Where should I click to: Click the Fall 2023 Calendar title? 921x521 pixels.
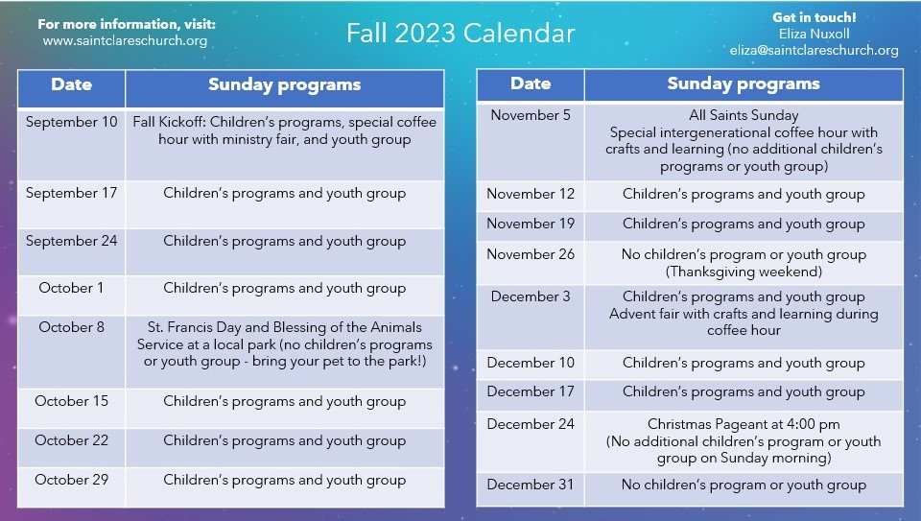coord(460,33)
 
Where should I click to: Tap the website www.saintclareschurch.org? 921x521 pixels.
coord(125,41)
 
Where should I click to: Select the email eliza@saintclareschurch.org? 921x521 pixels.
coord(815,51)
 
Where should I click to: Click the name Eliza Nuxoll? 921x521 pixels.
coord(815,35)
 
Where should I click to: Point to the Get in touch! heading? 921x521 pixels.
coord(815,17)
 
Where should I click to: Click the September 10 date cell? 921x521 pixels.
coord(72,144)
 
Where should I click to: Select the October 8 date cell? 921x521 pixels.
coord(72,352)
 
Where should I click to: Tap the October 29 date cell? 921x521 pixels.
coord(72,486)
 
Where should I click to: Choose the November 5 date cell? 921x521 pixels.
coord(531,142)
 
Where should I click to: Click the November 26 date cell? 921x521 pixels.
coord(531,263)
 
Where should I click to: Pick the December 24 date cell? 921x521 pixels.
coord(531,441)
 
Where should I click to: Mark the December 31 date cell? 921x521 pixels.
coord(531,489)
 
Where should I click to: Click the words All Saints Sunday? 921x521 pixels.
coord(744,115)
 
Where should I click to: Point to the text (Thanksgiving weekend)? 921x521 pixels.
coord(744,272)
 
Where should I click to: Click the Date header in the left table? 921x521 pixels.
coord(72,84)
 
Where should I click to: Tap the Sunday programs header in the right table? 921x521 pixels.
coord(744,84)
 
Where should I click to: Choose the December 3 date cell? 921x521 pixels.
coord(531,318)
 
